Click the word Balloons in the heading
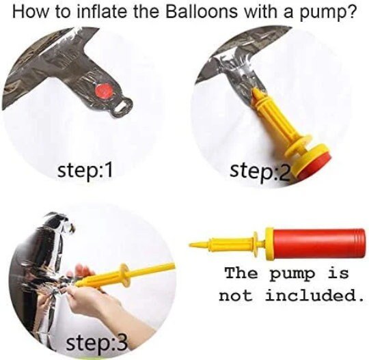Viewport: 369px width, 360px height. pyautogui.click(x=201, y=12)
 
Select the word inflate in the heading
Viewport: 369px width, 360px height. pyautogui.click(x=102, y=12)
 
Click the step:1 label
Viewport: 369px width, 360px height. pyautogui.click(x=85, y=171)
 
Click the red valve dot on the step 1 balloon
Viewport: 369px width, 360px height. pyautogui.click(x=105, y=92)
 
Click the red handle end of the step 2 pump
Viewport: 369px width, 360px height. pyautogui.click(x=315, y=167)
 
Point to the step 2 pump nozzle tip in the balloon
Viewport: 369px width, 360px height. pyautogui.click(x=255, y=92)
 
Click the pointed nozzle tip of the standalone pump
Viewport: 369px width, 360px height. pyautogui.click(x=189, y=245)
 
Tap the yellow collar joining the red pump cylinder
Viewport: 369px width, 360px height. pyautogui.click(x=269, y=244)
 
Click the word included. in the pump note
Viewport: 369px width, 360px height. pyautogui.click(x=314, y=296)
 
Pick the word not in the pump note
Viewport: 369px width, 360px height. pyautogui.click(x=236, y=296)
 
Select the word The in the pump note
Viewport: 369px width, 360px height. pyautogui.click(x=241, y=274)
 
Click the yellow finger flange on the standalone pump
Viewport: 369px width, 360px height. pyautogui.click(x=255, y=244)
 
